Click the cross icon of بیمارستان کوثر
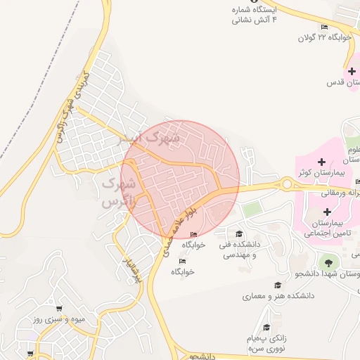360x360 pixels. pos(322,162)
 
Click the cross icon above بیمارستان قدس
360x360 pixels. pos(352,71)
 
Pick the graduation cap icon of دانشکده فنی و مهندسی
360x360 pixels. pos(239,234)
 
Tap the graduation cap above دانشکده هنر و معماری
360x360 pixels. pos(278,285)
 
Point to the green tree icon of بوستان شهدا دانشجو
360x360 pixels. pos(328,262)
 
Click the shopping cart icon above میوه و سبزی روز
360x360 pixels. pos(59,308)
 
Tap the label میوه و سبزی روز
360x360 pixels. pos(59,319)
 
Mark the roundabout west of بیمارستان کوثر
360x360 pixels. pos(288,185)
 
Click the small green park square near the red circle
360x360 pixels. pos(251,209)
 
